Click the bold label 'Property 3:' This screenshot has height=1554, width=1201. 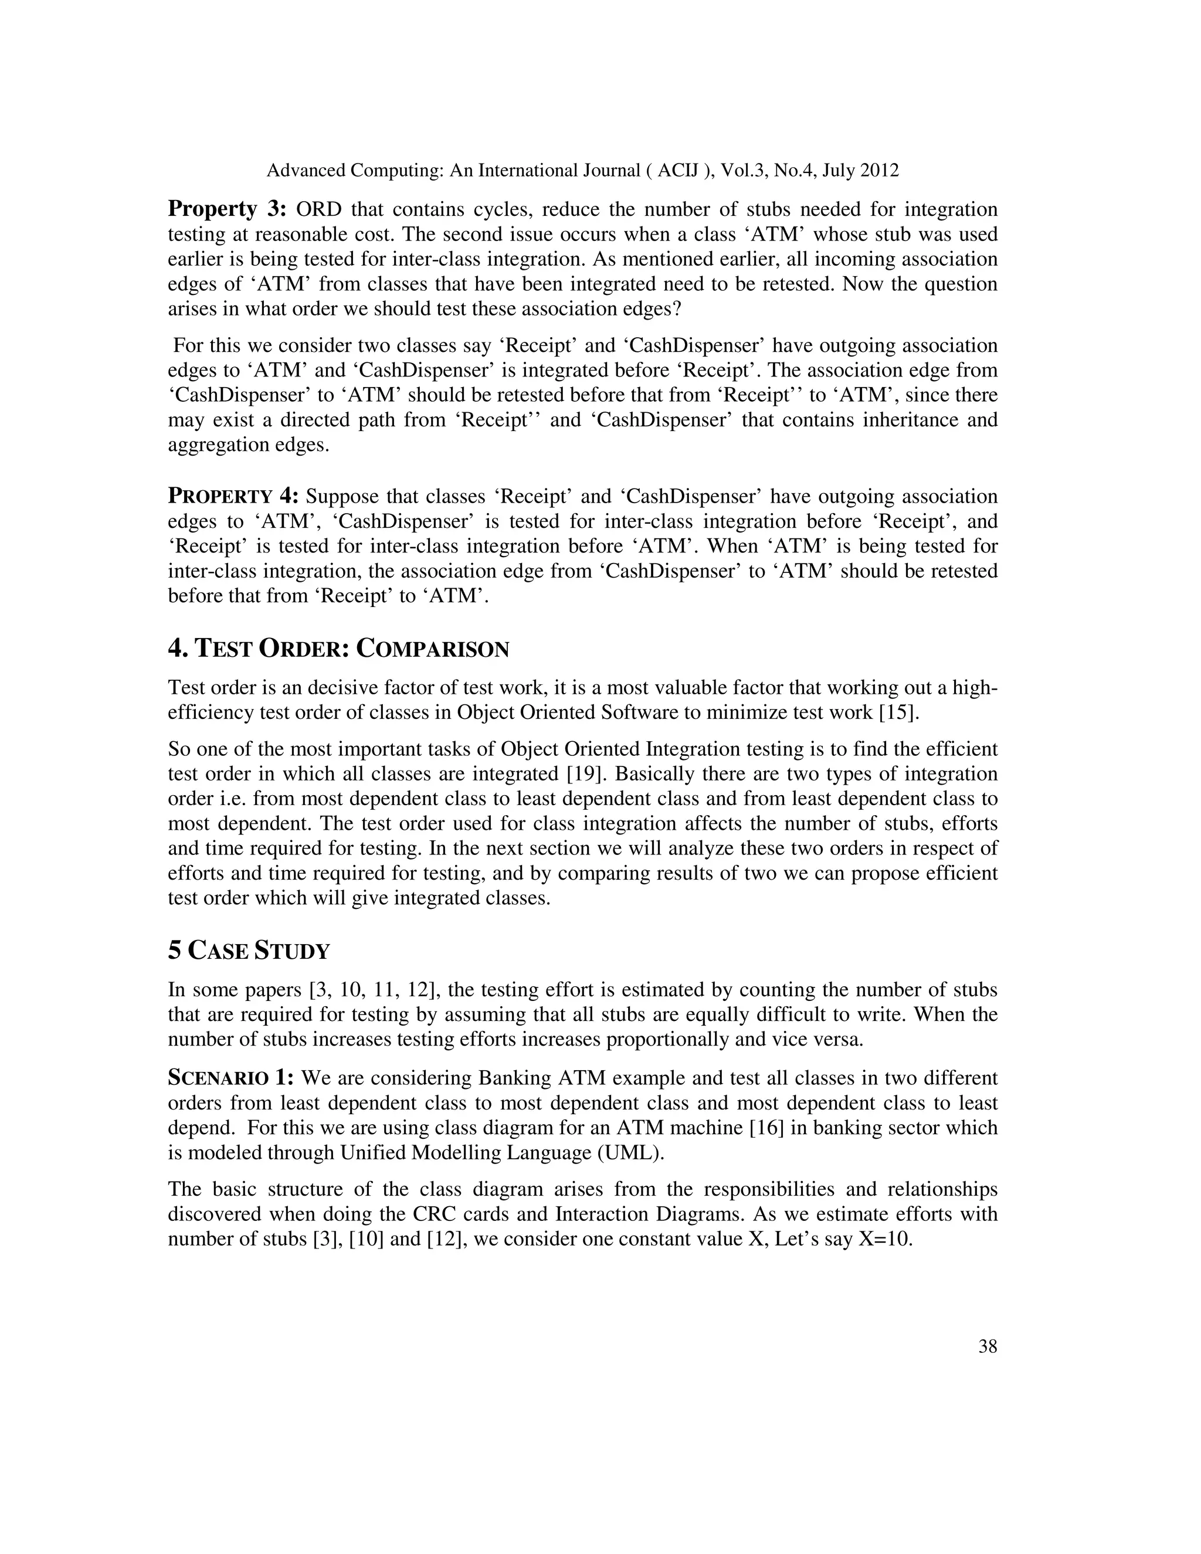click(227, 209)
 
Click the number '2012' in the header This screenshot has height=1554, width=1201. click(880, 171)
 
